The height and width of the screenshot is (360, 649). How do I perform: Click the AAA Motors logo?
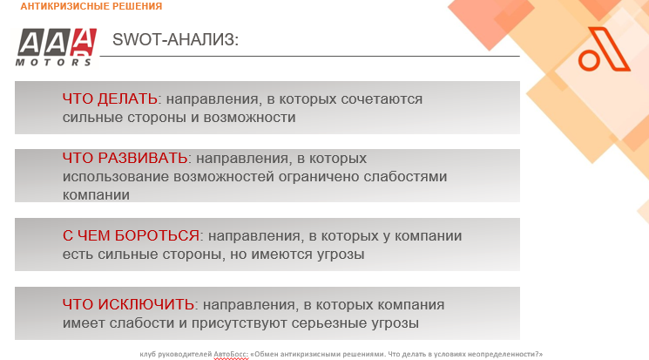(56, 47)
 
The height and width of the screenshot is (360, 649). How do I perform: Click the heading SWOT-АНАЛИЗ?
(175, 40)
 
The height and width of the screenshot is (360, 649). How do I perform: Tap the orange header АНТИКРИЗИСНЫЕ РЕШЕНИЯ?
(91, 6)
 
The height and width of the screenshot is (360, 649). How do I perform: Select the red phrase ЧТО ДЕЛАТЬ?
(110, 99)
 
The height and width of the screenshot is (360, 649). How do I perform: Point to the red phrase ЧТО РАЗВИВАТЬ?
(125, 159)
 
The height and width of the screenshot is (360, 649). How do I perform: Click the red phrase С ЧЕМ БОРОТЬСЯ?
(131, 235)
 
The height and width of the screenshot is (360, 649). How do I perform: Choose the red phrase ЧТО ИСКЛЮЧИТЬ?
(128, 304)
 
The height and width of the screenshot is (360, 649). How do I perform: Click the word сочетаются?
(382, 100)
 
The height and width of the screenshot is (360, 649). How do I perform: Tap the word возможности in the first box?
(250, 118)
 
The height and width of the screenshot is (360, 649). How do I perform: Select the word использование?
(116, 177)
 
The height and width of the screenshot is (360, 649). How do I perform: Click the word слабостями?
(405, 177)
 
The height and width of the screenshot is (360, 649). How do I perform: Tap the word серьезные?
(324, 323)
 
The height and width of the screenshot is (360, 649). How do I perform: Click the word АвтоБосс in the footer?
(231, 355)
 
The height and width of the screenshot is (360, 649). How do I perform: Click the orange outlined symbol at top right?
(604, 50)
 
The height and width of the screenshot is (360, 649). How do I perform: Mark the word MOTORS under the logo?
(53, 62)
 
